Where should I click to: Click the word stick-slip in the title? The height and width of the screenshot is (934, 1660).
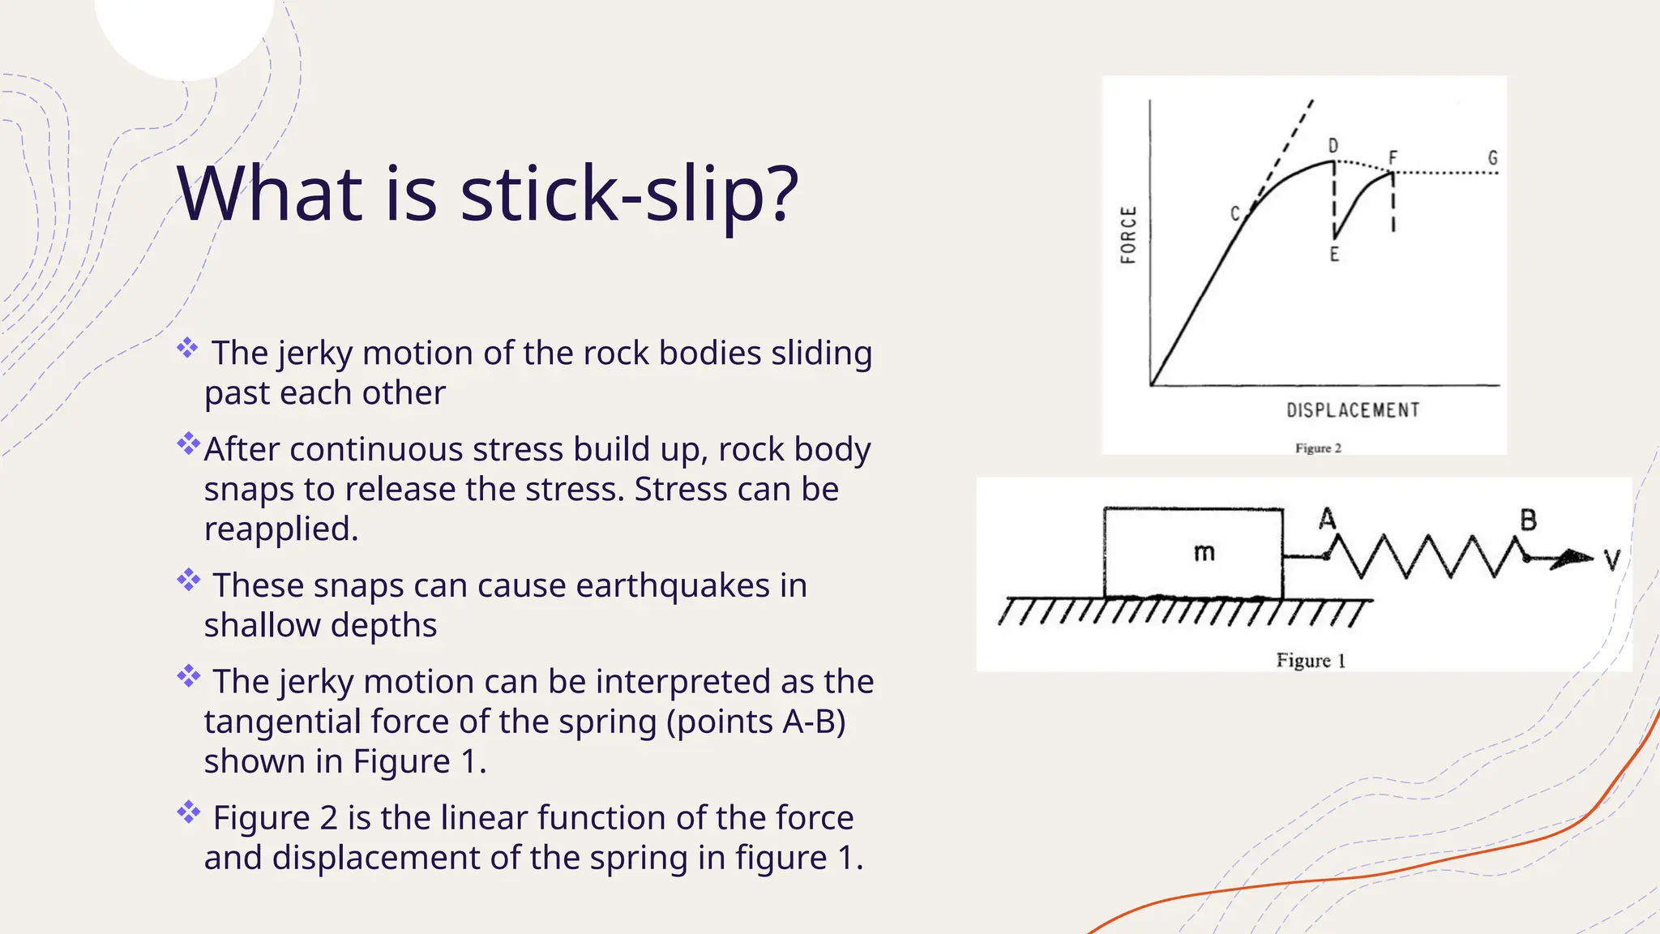coord(629,195)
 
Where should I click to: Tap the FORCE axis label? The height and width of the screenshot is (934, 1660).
coord(1128,235)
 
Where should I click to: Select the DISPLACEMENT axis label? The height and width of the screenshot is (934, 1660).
coord(1353,410)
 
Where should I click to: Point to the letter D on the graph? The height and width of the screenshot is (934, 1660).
coord(1333,146)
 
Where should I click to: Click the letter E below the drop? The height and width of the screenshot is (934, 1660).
coord(1334,255)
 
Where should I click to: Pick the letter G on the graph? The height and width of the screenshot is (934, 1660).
coord(1492,158)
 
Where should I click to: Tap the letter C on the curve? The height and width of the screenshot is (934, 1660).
coord(1235,213)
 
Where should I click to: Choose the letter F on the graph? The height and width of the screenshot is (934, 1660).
coord(1393,157)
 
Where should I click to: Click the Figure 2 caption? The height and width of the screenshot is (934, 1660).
coord(1318,448)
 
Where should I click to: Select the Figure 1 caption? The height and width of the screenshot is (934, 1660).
coord(1311,661)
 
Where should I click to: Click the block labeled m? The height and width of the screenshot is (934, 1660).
coord(1193,554)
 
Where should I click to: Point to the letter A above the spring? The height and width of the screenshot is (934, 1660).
coord(1327,518)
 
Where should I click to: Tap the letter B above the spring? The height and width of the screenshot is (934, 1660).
coord(1528,520)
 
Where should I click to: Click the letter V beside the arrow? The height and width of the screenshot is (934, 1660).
coord(1612,559)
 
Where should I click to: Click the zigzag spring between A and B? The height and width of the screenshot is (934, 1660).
coord(1427,556)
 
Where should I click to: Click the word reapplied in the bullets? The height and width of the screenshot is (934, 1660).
coord(280,529)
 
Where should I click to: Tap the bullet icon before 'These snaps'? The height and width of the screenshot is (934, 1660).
coord(189,580)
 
